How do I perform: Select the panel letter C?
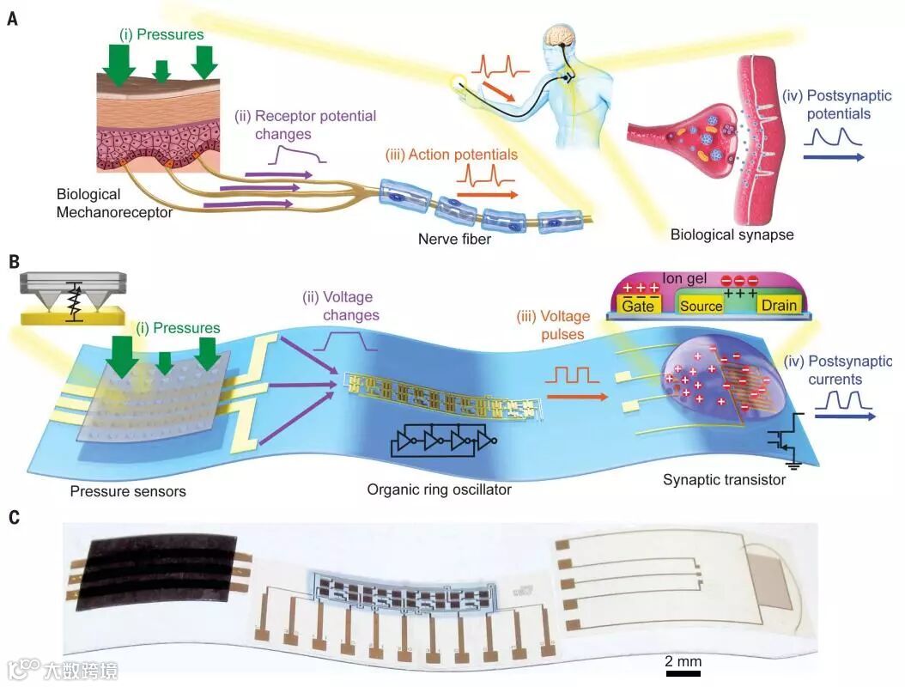[13, 518]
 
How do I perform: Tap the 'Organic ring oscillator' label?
[439, 489]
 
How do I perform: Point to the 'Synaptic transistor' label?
[724, 479]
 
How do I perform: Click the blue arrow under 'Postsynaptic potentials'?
[833, 157]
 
